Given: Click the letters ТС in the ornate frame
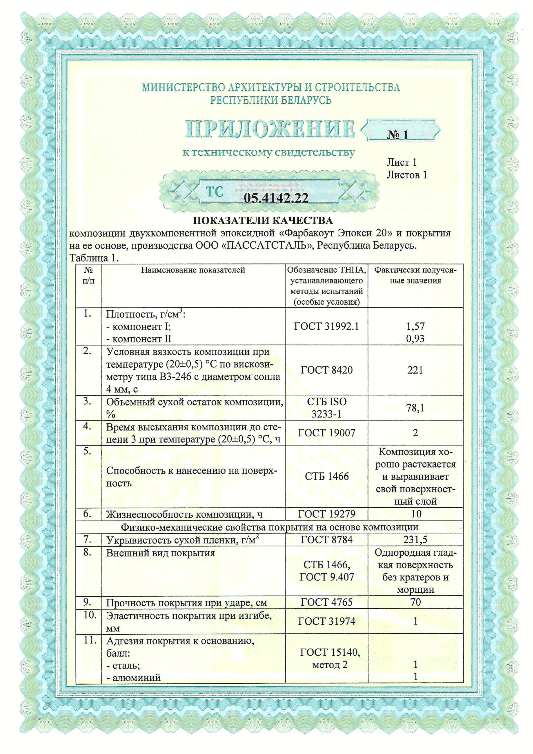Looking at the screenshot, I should click(x=214, y=192).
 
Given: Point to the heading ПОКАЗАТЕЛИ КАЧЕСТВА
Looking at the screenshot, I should click(x=262, y=220).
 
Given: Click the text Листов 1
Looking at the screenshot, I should click(x=407, y=175).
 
